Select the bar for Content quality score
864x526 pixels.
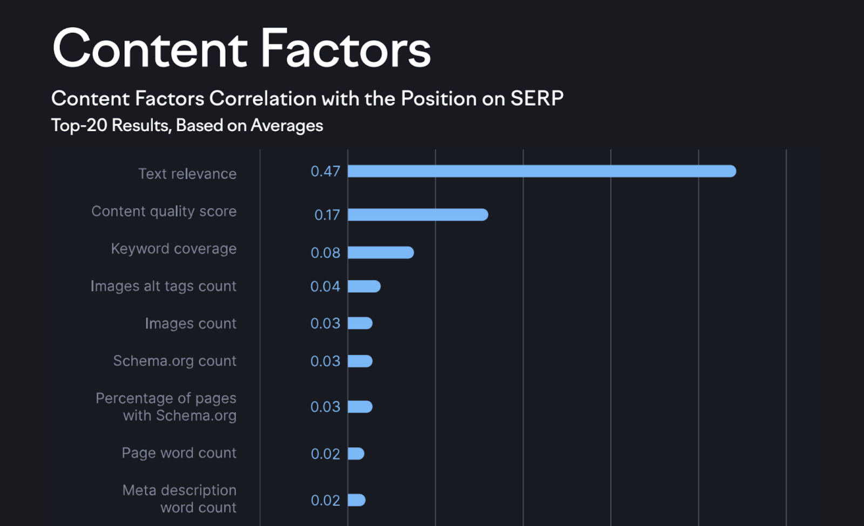coord(418,215)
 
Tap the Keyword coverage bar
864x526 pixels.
coord(381,253)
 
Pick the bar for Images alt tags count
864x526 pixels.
coord(364,286)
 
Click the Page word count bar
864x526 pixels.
coord(356,454)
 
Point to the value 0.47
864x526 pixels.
coord(325,172)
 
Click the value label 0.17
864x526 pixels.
coord(327,215)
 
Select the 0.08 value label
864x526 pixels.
coord(325,253)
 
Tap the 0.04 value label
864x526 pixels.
coord(325,286)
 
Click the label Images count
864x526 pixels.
coord(190,323)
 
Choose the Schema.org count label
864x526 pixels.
coord(174,361)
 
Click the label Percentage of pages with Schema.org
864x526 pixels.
coord(166,407)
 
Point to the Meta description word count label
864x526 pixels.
coord(179,499)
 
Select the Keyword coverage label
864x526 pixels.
coord(173,248)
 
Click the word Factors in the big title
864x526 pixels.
coord(346,50)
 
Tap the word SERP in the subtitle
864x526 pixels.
coord(537,99)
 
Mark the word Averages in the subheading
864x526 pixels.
coord(287,126)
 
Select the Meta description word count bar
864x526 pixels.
coord(356,500)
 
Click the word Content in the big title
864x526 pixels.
coord(150,50)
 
